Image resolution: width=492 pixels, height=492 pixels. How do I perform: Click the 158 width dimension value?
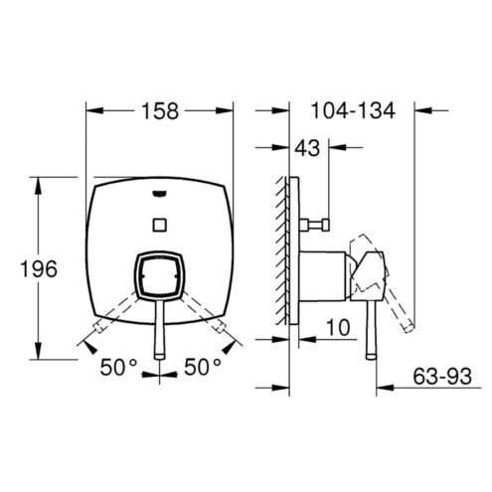[160, 111]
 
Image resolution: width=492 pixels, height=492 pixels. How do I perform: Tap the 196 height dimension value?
[39, 268]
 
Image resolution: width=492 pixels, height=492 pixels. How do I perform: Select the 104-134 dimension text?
[353, 110]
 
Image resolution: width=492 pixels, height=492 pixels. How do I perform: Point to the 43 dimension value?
[307, 148]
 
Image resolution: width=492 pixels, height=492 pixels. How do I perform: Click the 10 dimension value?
[338, 327]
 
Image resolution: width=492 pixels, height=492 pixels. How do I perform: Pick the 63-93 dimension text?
[442, 377]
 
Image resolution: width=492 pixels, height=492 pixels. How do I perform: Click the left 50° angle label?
[118, 367]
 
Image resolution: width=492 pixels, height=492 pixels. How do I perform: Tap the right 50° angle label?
[203, 367]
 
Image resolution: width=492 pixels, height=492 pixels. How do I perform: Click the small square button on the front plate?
[160, 225]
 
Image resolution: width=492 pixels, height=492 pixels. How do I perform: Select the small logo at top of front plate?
[160, 194]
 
